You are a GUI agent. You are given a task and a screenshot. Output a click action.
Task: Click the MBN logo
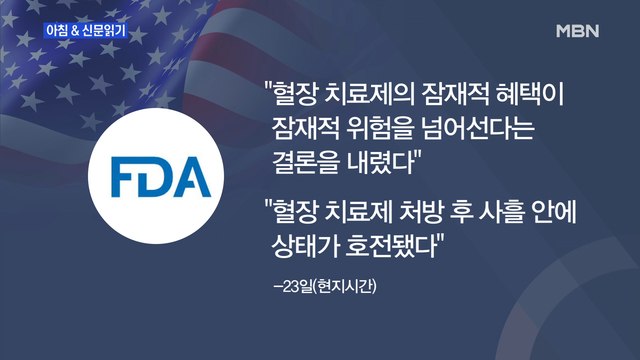tap(577, 31)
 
